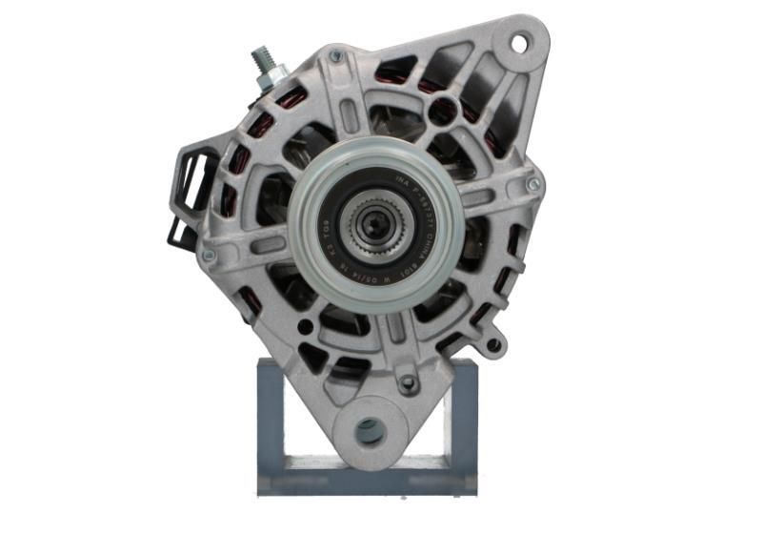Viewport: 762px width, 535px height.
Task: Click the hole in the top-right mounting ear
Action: [520, 42]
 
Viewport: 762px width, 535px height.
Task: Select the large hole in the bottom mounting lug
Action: [370, 430]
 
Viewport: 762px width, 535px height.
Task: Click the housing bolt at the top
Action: [335, 58]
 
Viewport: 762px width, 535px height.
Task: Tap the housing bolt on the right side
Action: [533, 183]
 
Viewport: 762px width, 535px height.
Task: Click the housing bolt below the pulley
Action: [408, 383]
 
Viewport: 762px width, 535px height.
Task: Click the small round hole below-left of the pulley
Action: [305, 327]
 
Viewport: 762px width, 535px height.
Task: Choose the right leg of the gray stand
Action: [464, 420]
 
